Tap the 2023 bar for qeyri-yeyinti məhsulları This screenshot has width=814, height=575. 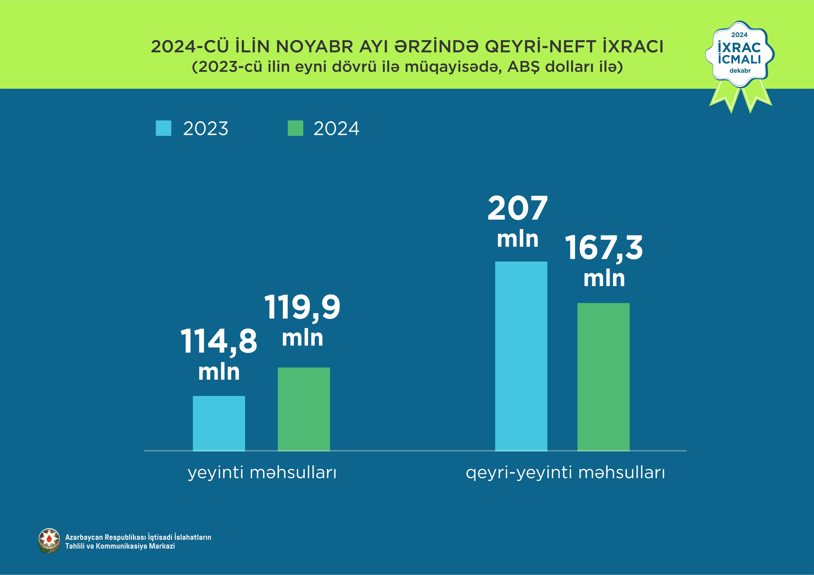[521, 356]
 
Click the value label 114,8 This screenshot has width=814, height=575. [219, 341]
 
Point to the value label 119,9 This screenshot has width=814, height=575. [302, 307]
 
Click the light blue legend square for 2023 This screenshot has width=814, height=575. [163, 128]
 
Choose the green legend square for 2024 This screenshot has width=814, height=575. [295, 128]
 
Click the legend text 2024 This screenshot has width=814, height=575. [336, 129]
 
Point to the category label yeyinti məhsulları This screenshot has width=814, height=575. [262, 473]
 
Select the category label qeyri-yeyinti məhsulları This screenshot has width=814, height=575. [565, 473]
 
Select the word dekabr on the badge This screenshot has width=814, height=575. [740, 70]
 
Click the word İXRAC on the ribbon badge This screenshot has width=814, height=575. [739, 47]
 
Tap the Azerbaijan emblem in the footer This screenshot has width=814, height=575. [49, 541]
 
